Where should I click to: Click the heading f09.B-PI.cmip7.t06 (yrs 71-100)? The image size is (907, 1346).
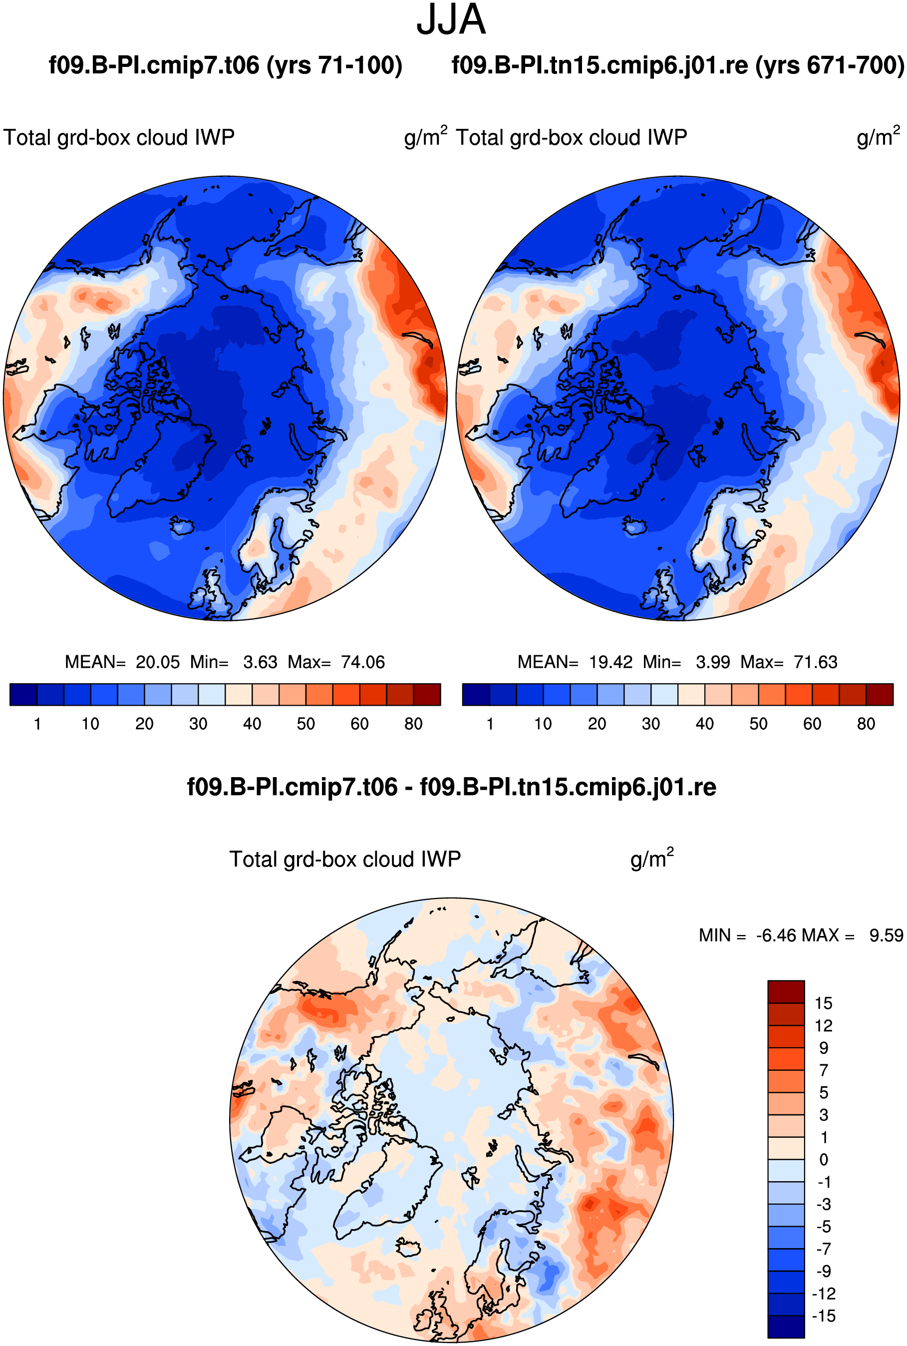pyautogui.click(x=226, y=65)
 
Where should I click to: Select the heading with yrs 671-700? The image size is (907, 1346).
pyautogui.click(x=678, y=65)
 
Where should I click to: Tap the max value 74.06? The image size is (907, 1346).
pyautogui.click(x=363, y=662)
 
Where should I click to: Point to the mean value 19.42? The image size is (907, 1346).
pyautogui.click(x=611, y=662)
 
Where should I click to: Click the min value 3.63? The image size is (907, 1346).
pyautogui.click(x=260, y=662)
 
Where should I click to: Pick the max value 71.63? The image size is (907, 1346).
pyautogui.click(x=816, y=662)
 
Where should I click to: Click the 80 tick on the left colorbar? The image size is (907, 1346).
pyautogui.click(x=414, y=724)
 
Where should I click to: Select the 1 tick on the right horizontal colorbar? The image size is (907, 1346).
pyautogui.click(x=490, y=724)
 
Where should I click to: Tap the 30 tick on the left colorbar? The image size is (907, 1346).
pyautogui.click(x=198, y=724)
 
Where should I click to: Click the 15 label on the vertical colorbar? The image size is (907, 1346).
pyautogui.click(x=824, y=1003)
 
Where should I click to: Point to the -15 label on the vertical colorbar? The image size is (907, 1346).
pyautogui.click(x=824, y=1316)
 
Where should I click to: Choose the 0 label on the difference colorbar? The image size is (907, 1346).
pyautogui.click(x=824, y=1160)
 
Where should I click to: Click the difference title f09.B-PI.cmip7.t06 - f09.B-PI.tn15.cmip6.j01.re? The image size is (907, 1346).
pyautogui.click(x=452, y=787)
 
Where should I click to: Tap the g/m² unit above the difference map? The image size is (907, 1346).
pyautogui.click(x=652, y=858)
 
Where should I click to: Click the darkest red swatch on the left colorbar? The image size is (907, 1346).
pyautogui.click(x=427, y=694)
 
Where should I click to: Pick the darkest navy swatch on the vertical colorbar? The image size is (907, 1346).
pyautogui.click(x=786, y=1327)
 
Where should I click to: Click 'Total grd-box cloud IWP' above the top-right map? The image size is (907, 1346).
pyautogui.click(x=572, y=138)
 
